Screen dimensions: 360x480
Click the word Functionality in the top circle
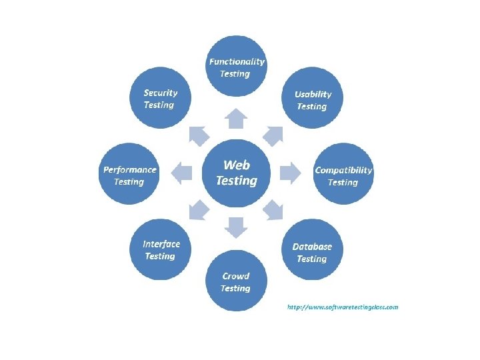pyautogui.click(x=237, y=61)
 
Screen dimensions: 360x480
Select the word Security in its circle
pyautogui.click(x=161, y=93)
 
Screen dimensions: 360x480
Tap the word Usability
pyautogui.click(x=313, y=94)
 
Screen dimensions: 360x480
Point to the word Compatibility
pyautogui.click(x=343, y=170)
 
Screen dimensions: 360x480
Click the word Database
pyautogui.click(x=312, y=247)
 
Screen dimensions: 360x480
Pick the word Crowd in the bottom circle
pyautogui.click(x=236, y=276)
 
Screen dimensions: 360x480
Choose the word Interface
pyautogui.click(x=161, y=244)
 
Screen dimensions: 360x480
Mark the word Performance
pyautogui.click(x=129, y=169)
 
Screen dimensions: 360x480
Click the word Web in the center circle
pyautogui.click(x=237, y=165)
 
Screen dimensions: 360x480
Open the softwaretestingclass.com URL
pyautogui.click(x=343, y=307)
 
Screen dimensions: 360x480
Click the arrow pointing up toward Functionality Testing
pyautogui.click(x=236, y=118)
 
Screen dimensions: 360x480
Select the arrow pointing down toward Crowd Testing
pyautogui.click(x=236, y=227)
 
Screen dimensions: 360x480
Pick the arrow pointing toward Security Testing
pyautogui.click(x=199, y=135)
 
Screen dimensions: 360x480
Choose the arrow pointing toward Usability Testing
pyautogui.click(x=273, y=135)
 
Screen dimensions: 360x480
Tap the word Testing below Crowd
pyautogui.click(x=235, y=289)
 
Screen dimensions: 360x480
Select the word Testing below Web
pyautogui.click(x=237, y=181)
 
